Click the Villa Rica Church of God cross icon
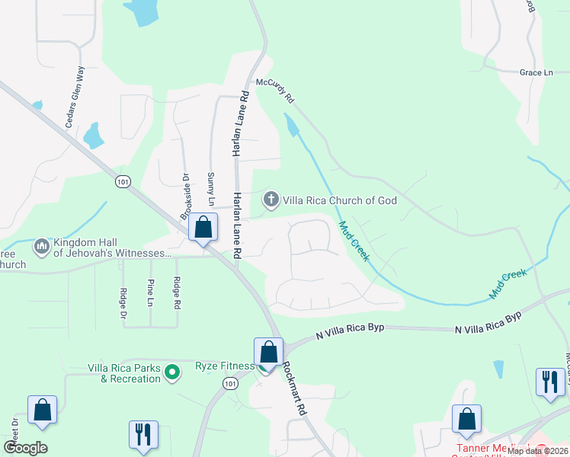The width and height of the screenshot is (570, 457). coord(271,200)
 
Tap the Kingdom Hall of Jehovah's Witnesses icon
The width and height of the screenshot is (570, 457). coord(41,247)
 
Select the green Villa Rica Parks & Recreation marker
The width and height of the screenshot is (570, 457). coord(173,372)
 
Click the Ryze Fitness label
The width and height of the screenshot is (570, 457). coord(225,366)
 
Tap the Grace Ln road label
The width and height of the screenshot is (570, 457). coord(536,72)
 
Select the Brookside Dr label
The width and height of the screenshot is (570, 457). coord(185,197)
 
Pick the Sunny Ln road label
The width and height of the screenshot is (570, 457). coord(211,190)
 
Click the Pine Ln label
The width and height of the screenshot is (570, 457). coord(149,292)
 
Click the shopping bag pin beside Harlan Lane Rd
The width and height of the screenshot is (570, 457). coord(203,227)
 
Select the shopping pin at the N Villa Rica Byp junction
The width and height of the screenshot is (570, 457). coord(268,352)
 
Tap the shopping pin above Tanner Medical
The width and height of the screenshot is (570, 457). coord(466,418)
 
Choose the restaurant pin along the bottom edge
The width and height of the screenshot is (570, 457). coord(143,434)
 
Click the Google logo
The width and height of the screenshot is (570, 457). coord(25,448)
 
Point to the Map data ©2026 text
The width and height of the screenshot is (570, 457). coord(536,451)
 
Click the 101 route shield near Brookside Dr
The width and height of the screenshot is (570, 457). coord(123,181)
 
